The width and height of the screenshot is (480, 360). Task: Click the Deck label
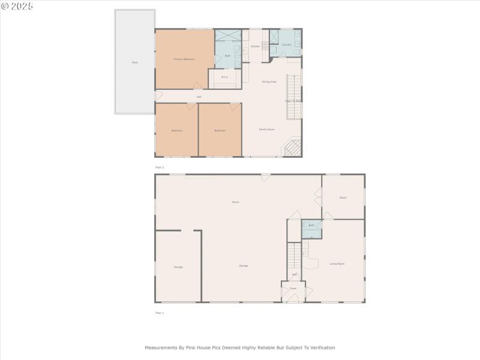pos(135,62)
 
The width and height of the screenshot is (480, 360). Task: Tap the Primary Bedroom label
pos(184,59)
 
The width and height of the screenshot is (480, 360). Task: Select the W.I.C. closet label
pos(224,77)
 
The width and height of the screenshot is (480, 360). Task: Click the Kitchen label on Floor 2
pos(255,46)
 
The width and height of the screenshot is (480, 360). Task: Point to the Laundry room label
pos(287,44)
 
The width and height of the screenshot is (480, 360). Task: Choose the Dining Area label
pos(269,82)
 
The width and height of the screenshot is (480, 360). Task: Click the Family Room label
pos(266,129)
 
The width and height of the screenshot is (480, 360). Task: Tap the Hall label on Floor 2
pos(199,97)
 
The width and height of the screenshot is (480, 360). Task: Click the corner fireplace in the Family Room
pos(292,148)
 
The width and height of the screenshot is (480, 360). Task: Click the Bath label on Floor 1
pos(311,226)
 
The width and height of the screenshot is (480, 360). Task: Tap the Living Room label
pos(337,263)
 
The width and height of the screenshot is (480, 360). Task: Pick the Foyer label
pos(293,289)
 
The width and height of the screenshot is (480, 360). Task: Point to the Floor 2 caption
pos(160,167)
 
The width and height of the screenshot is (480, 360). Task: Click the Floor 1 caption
pos(160,313)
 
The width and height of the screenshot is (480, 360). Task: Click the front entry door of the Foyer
pos(293,299)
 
